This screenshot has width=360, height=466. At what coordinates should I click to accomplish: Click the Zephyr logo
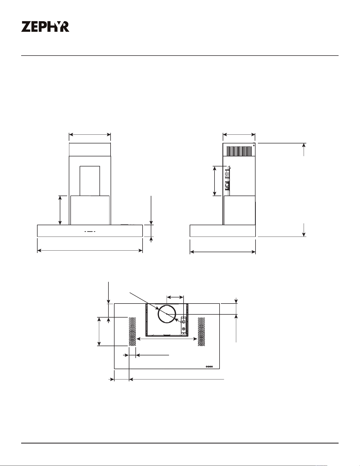coord(45,27)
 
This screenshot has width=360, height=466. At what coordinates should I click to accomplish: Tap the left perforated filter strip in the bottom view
coord(132,332)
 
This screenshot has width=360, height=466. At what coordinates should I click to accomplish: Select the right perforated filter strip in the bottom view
coord(202,332)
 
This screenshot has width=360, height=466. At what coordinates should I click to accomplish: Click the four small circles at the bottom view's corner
coord(209,367)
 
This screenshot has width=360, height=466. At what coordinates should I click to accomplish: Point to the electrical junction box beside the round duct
coord(183,325)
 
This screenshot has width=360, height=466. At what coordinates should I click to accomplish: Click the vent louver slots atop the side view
coord(239,151)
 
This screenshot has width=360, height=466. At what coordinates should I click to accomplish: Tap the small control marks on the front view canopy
coord(90,232)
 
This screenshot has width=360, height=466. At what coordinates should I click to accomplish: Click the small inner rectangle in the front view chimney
coord(90,181)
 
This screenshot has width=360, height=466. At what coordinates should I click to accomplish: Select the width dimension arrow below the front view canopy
coord(90,250)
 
